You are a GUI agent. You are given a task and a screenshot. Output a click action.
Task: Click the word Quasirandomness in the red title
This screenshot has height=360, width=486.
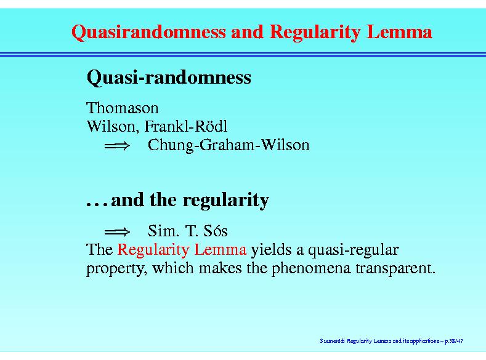tap(148, 32)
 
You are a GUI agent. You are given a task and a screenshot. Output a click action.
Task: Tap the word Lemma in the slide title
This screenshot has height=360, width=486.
tap(399, 31)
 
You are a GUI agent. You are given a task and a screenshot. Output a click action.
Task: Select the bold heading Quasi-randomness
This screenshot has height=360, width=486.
tap(169, 78)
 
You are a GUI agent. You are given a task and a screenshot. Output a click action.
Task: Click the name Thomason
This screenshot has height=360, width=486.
tap(123, 108)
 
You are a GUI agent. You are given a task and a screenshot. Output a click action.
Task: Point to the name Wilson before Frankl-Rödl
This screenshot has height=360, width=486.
tap(111, 126)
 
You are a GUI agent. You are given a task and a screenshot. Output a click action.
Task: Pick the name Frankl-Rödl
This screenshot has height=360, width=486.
tap(186, 126)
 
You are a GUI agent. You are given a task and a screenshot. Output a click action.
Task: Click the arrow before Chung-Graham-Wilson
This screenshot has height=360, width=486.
tap(117, 145)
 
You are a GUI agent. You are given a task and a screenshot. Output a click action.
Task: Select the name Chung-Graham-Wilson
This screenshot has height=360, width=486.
tap(229, 145)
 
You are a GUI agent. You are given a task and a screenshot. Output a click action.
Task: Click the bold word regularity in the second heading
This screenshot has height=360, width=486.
tap(225, 201)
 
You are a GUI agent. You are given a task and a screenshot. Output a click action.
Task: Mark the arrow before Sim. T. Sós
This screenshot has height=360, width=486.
tap(117, 231)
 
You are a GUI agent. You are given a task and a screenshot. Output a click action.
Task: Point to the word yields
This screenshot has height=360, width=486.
tap(271, 250)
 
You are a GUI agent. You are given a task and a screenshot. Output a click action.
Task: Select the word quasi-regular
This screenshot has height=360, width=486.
tap(353, 250)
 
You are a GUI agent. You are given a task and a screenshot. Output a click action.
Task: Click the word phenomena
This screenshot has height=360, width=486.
tap(311, 268)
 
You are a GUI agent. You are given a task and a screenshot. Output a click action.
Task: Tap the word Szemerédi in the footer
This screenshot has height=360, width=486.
tap(332, 341)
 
